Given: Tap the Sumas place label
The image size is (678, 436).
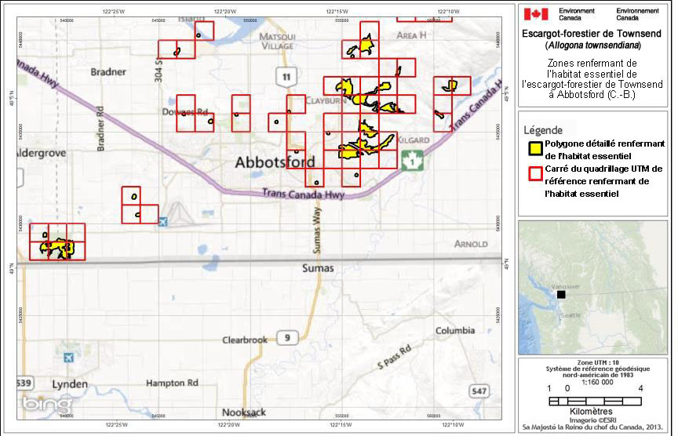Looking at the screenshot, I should point(318,268).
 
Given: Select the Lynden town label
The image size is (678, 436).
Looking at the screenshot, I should point(70,385).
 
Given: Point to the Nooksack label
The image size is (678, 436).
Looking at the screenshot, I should point(244,412).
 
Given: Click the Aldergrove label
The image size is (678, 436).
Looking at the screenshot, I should point(40,153).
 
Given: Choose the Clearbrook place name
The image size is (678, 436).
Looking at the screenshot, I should point(245,340).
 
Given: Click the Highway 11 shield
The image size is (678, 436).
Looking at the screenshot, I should point(287,76).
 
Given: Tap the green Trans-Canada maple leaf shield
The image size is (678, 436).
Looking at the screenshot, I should point(411,160).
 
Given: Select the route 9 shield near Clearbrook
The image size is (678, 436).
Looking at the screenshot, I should point(288,338).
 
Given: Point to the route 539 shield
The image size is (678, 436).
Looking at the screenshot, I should point(23,383).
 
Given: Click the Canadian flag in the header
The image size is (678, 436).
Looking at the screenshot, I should point(535,14).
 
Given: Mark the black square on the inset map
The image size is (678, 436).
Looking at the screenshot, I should point(561,295).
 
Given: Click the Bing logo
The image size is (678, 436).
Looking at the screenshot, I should point(37,404).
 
